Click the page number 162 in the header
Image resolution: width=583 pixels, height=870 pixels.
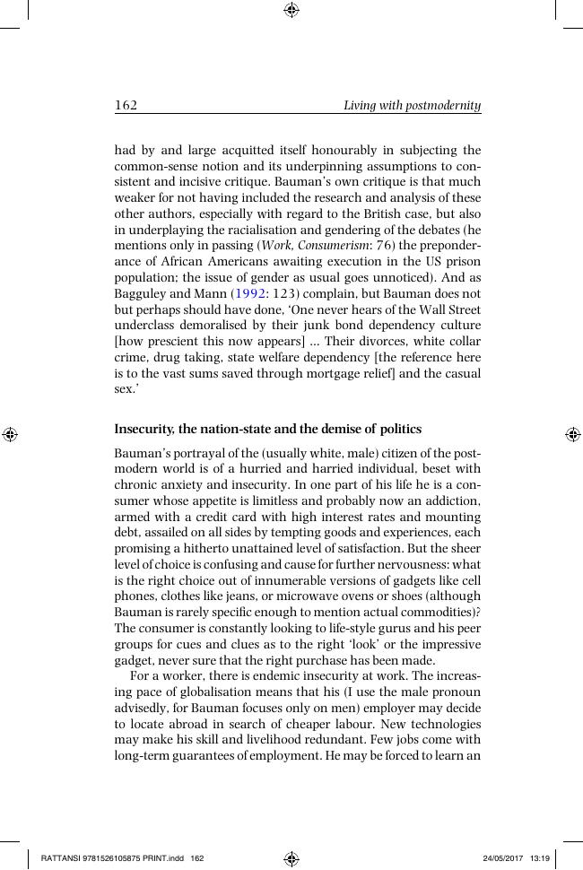(126, 106)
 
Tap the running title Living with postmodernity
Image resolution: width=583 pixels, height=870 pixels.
(413, 106)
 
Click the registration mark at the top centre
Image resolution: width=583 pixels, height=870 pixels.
(291, 10)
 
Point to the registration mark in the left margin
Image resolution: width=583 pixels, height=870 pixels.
(10, 435)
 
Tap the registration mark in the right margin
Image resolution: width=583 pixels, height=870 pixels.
(572, 435)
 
